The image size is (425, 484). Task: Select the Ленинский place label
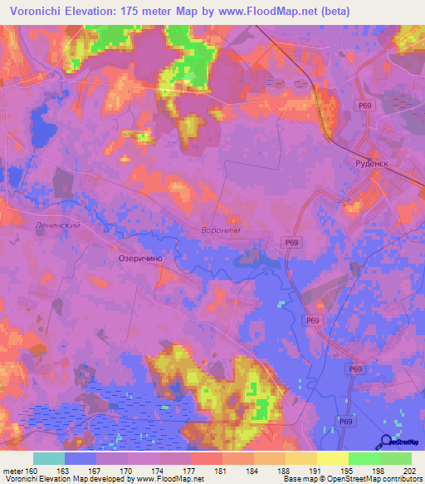pos(56,225)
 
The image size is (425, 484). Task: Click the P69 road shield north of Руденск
pos(366,106)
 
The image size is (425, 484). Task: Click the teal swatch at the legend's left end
pos(48,458)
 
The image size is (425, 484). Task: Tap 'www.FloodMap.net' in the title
pos(269,11)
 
